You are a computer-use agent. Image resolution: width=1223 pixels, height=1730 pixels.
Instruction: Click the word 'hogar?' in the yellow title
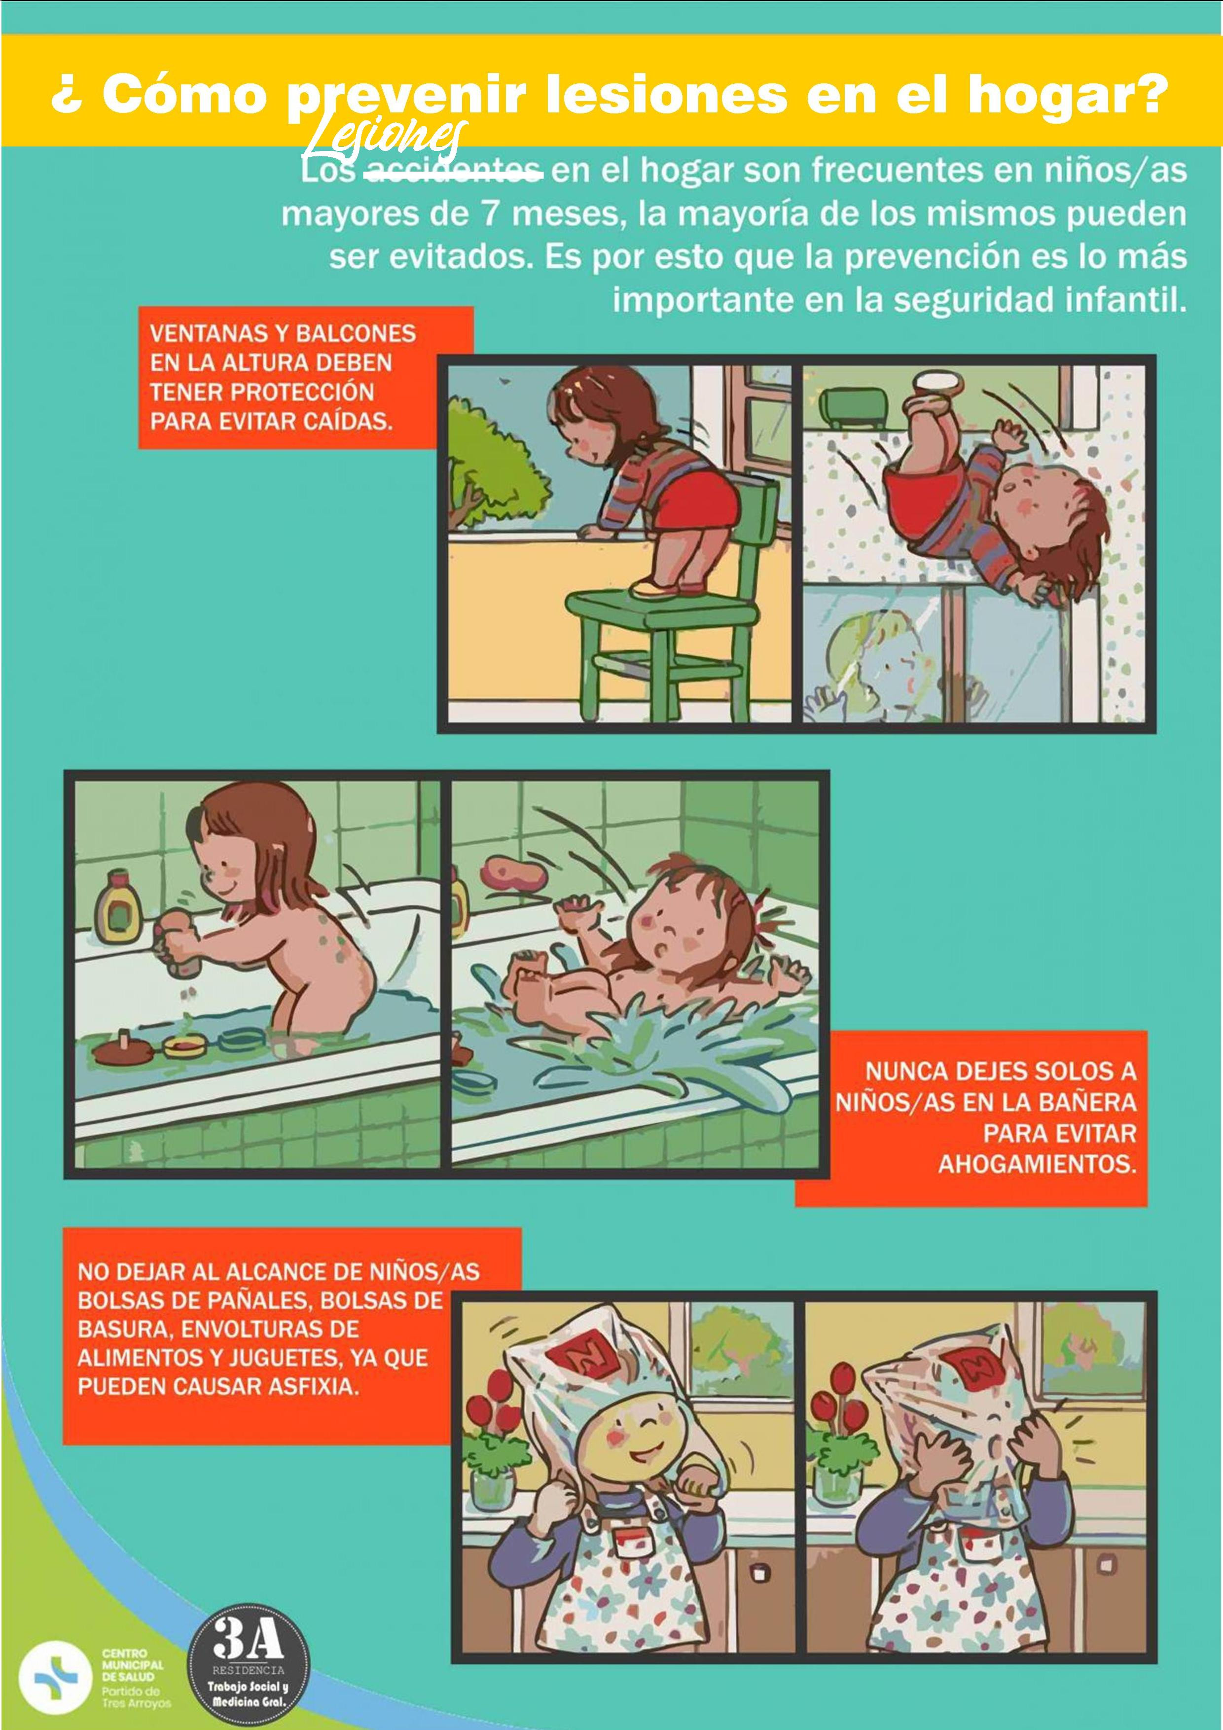pos(1067,95)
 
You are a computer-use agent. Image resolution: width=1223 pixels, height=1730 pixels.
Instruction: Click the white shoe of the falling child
pos(937,381)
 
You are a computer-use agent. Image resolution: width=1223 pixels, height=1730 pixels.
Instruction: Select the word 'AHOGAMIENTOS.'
pos(1036,1164)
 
